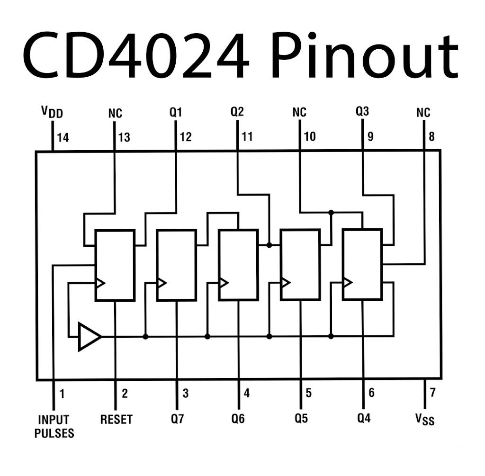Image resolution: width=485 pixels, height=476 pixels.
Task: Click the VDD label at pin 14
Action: (52, 112)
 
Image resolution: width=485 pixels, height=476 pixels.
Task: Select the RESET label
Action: (117, 419)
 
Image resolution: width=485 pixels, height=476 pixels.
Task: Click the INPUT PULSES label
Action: (54, 426)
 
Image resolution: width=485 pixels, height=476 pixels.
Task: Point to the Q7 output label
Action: (177, 419)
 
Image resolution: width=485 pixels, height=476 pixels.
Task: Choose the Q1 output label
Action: (176, 112)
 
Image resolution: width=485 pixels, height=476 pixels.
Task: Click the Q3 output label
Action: (362, 111)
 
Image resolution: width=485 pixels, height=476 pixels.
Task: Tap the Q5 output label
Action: (301, 419)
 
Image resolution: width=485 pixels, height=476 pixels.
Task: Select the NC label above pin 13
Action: (115, 113)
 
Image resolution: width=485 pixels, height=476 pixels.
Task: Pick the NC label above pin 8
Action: (423, 112)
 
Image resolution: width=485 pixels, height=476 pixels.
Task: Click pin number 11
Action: (247, 136)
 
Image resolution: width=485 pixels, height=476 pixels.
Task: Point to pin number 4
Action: (246, 393)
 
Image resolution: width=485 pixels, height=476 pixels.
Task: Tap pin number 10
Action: (310, 136)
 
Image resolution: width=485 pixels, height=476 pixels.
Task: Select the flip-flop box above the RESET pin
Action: (115, 265)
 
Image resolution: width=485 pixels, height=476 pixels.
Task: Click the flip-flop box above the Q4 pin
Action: (362, 264)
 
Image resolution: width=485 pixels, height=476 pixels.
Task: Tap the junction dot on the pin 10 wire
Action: (331, 213)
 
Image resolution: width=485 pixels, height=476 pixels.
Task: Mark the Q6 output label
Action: (238, 419)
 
